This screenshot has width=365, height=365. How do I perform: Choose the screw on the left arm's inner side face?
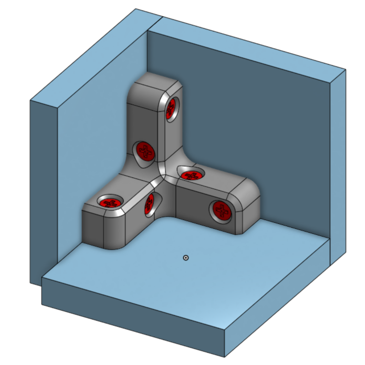click(149, 204)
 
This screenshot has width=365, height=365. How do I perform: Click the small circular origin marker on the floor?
click(186, 258)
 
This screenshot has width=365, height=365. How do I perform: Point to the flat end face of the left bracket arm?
click(92, 228)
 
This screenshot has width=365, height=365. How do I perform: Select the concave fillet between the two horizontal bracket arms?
click(166, 208)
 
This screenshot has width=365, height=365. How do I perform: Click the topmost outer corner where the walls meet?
click(136, 9)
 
